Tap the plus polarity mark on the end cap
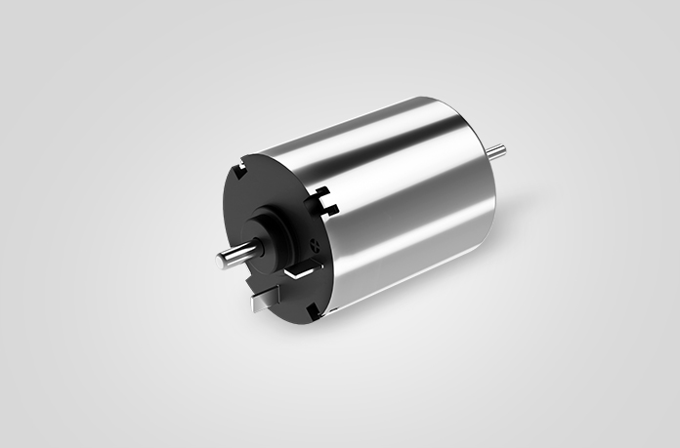(x=312, y=239)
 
